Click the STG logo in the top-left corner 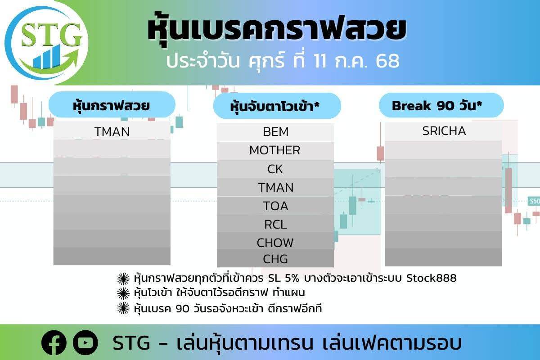[x=46, y=43]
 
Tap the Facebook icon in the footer [x=54, y=342]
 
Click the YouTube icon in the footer [x=85, y=342]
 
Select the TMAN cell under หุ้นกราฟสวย [x=112, y=132]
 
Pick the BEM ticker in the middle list [x=275, y=132]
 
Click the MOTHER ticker [x=275, y=150]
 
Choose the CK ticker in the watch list [x=275, y=169]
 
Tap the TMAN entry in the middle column [x=276, y=187]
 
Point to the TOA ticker [x=275, y=206]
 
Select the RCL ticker [x=275, y=225]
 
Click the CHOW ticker [x=275, y=243]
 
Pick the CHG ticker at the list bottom [x=275, y=259]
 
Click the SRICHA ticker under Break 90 [x=444, y=131]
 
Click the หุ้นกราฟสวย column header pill [x=112, y=105]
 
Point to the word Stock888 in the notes [x=432, y=278]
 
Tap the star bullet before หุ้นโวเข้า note [x=123, y=293]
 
